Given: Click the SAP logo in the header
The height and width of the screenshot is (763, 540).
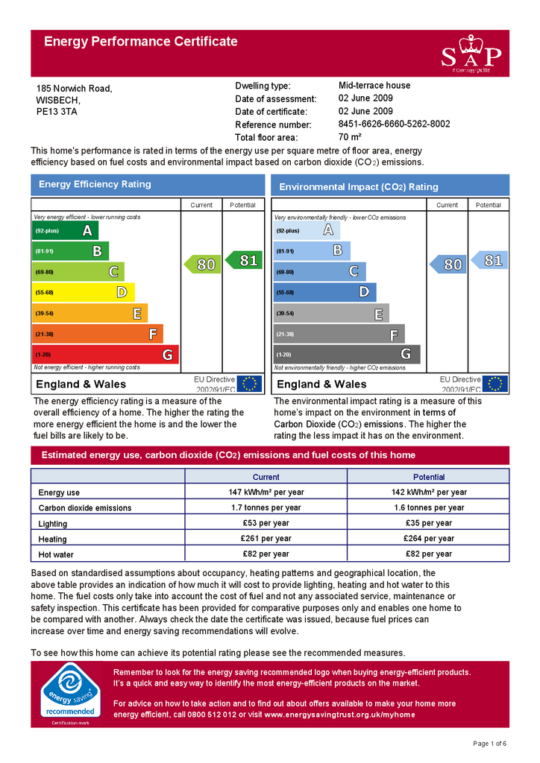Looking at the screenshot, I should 471,54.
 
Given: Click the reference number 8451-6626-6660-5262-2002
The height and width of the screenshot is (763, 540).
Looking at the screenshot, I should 394,124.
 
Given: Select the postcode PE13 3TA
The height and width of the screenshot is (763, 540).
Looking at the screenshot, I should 57,112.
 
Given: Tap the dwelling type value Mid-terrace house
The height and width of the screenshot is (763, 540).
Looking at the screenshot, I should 374,86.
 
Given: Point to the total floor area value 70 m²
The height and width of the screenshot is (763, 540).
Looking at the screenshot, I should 350,137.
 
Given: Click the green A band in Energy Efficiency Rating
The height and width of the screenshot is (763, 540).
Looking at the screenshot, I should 65,231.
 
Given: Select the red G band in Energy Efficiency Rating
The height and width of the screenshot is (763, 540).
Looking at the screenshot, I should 104,355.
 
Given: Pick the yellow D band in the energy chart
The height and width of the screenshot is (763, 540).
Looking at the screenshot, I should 83,293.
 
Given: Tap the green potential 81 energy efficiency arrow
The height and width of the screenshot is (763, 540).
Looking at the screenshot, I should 243,260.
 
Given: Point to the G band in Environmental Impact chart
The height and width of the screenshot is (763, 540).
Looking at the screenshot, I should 347,355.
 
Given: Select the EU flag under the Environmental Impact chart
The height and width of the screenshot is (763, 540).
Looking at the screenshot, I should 495,384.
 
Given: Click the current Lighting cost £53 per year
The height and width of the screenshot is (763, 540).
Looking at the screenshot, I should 266,523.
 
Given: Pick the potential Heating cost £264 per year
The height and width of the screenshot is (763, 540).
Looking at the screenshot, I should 428,539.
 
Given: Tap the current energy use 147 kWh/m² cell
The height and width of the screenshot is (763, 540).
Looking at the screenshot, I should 266,493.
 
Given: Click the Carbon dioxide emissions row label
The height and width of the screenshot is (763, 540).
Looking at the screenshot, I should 84,508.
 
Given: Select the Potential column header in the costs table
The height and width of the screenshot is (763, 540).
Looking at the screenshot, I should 428,477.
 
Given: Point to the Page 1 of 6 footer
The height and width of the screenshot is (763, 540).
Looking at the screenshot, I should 490,744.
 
